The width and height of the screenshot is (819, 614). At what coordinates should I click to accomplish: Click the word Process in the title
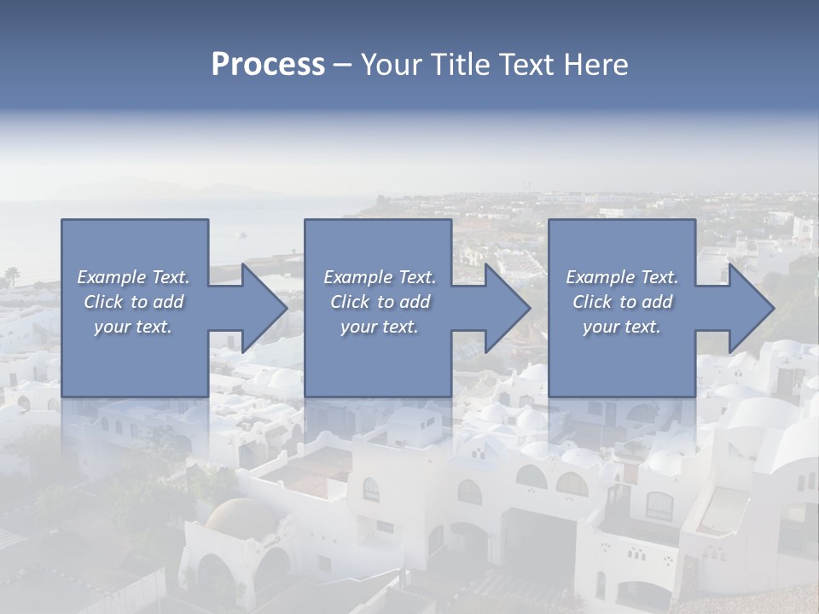coord(268,65)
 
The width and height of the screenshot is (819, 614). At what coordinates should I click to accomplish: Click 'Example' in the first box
coord(111,277)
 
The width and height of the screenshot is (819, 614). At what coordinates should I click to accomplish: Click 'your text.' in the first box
coord(133,327)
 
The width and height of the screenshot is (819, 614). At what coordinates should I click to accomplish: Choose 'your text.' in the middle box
coord(379,327)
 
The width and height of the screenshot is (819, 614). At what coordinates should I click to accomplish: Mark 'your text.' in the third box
coord(622,327)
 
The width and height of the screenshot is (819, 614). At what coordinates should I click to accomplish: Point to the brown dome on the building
coord(241,516)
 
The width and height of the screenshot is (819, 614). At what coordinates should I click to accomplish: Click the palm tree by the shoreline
coord(12,275)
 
